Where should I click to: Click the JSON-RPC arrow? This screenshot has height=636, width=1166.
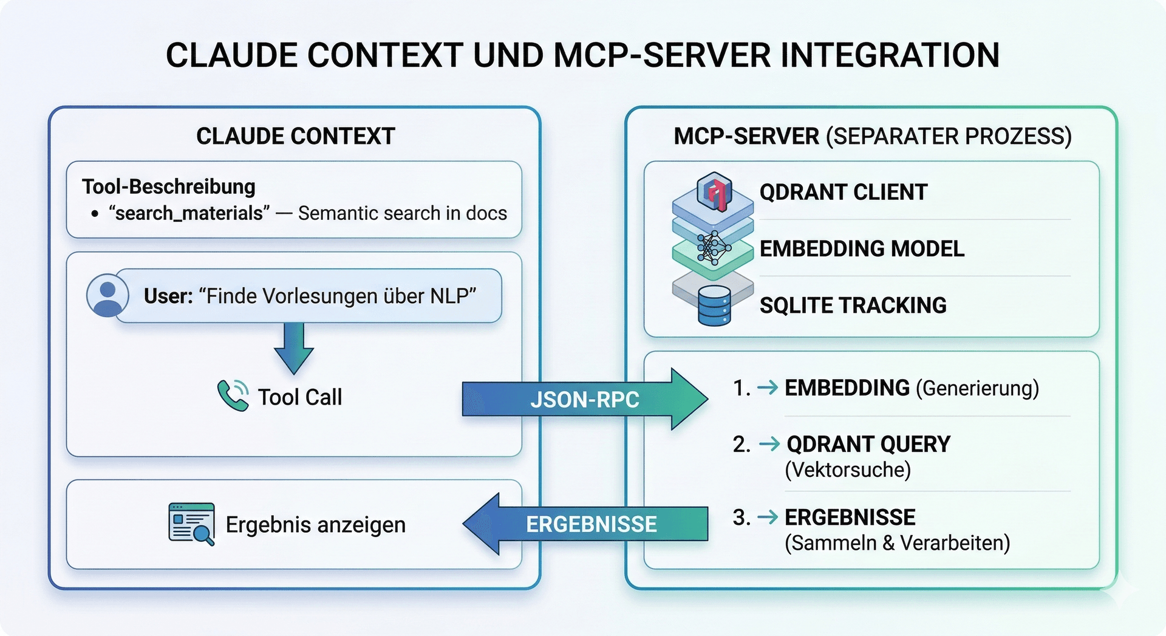click(585, 399)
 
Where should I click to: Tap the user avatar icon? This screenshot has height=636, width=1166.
click(107, 296)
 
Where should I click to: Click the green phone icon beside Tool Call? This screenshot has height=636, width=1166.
click(233, 396)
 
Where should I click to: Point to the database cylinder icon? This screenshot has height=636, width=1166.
click(714, 306)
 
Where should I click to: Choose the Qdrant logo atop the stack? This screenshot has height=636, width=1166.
click(714, 191)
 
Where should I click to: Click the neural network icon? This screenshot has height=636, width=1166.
click(714, 248)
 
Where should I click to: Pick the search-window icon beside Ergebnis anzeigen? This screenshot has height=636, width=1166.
click(191, 524)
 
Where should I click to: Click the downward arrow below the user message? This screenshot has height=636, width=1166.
click(294, 348)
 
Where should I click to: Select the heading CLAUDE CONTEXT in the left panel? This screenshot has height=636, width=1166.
click(296, 136)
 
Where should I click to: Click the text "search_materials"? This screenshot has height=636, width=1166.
click(189, 213)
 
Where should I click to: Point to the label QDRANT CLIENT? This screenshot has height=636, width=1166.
click(844, 192)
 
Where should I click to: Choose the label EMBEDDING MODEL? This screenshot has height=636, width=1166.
click(862, 248)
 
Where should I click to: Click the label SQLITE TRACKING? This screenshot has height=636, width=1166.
click(853, 305)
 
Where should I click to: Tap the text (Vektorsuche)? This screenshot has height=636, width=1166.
click(848, 470)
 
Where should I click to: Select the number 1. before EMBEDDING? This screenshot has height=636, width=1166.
click(742, 388)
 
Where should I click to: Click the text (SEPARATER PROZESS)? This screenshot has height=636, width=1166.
click(949, 136)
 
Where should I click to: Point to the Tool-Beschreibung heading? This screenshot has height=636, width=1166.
click(169, 186)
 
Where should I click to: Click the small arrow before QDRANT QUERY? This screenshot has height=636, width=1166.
click(769, 444)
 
